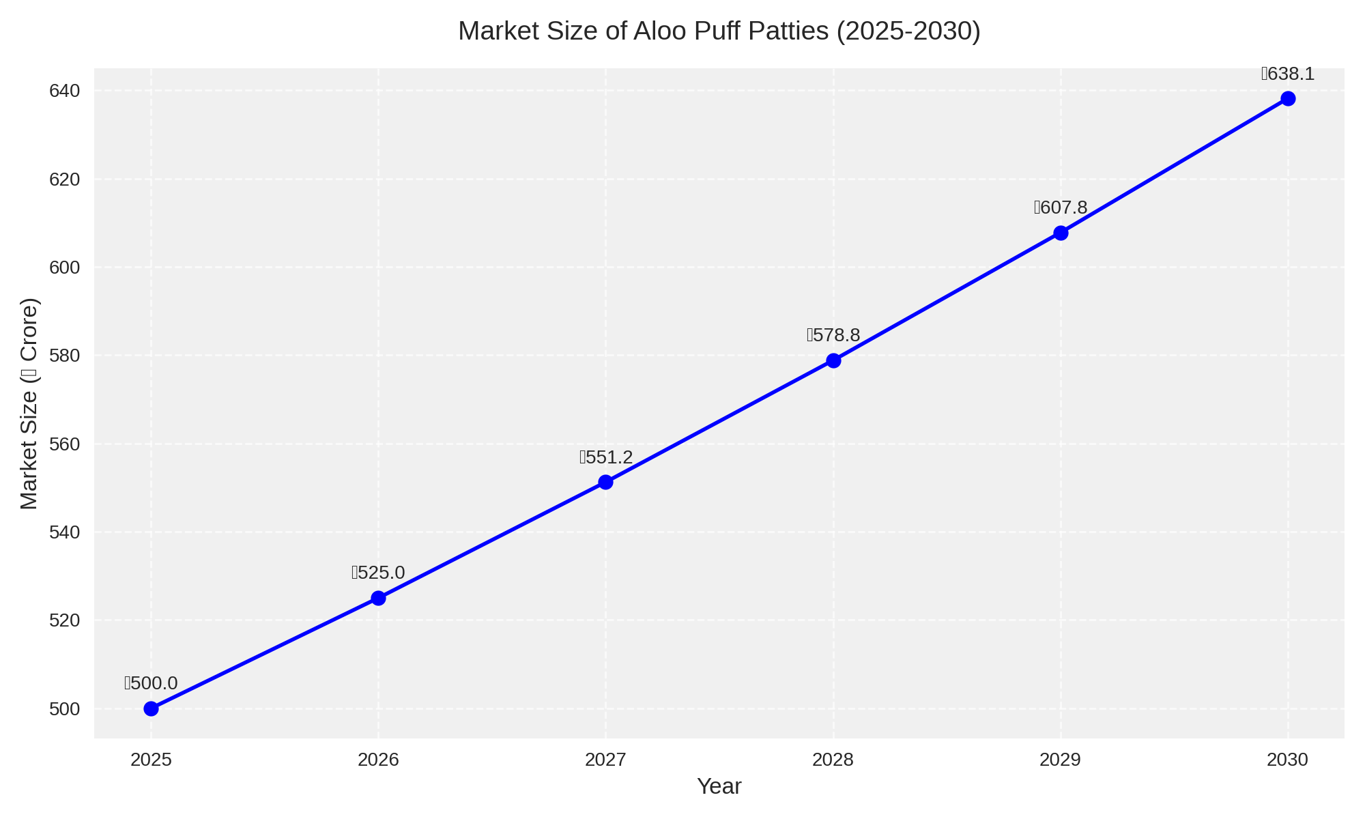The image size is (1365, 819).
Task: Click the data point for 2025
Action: [151, 708]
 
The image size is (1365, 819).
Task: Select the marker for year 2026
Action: [378, 598]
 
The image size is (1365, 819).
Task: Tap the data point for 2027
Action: [605, 482]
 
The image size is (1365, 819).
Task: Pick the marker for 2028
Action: [833, 360]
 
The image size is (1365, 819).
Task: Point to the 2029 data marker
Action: [1061, 233]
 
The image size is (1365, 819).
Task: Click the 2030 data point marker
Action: [1288, 98]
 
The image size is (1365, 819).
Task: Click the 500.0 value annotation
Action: [151, 683]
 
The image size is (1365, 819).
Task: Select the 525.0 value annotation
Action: [378, 573]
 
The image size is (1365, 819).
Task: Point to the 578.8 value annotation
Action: [833, 335]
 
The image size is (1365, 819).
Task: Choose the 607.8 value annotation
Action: [1061, 207]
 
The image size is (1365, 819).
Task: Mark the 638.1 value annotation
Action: [1288, 74]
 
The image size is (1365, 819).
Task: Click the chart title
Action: [719, 31]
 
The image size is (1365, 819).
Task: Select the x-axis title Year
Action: [719, 786]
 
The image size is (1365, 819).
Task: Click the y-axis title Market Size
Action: [29, 403]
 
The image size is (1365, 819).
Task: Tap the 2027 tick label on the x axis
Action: [605, 760]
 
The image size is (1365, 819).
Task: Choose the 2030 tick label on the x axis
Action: [1288, 760]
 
